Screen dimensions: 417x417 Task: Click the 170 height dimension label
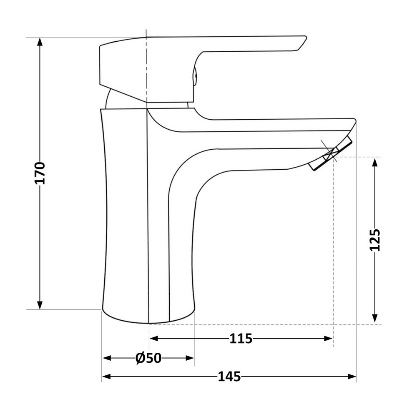pyautogui.click(x=40, y=173)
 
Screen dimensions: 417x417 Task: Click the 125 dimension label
pyautogui.click(x=375, y=240)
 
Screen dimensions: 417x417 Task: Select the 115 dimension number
pyautogui.click(x=241, y=338)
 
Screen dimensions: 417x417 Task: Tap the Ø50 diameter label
pyautogui.click(x=148, y=358)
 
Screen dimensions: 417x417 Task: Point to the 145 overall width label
pyautogui.click(x=229, y=377)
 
